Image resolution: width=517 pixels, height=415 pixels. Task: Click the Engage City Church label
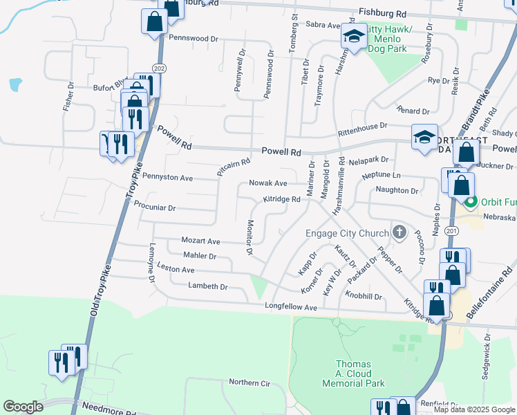tap(347, 233)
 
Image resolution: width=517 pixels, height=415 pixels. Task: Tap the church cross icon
tap(399, 233)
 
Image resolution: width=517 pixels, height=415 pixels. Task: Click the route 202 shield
tap(160, 68)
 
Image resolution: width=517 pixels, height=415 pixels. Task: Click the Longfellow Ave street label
tap(290, 306)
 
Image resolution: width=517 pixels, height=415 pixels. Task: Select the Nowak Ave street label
tap(268, 183)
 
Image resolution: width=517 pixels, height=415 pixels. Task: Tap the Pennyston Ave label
tap(167, 178)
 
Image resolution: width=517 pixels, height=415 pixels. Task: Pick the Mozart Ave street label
tap(200, 241)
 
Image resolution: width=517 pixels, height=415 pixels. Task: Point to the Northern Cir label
tap(252, 382)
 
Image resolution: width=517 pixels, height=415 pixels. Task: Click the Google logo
tap(23, 406)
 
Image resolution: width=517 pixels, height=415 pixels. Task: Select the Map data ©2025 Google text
tap(473, 409)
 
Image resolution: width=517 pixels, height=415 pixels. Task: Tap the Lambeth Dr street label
tap(207, 286)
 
